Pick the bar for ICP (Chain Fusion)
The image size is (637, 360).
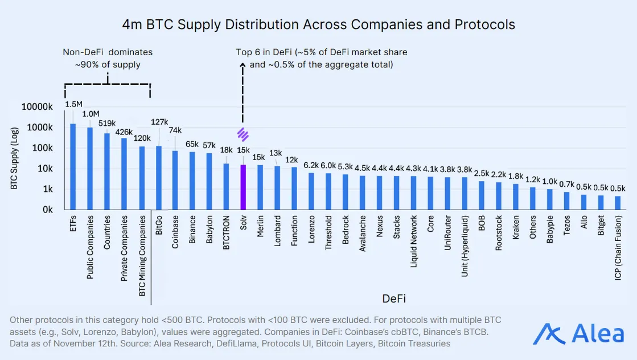click(618, 203)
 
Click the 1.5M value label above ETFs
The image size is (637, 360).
click(73, 104)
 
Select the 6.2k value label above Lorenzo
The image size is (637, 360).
click(311, 165)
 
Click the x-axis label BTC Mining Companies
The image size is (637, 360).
click(142, 248)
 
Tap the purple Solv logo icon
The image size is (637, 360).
click(243, 134)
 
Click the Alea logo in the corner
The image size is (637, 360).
click(578, 334)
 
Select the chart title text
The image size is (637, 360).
click(318, 25)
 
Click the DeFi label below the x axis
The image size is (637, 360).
click(394, 298)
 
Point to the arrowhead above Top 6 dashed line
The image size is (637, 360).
click(243, 65)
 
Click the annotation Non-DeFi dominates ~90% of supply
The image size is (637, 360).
click(108, 58)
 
